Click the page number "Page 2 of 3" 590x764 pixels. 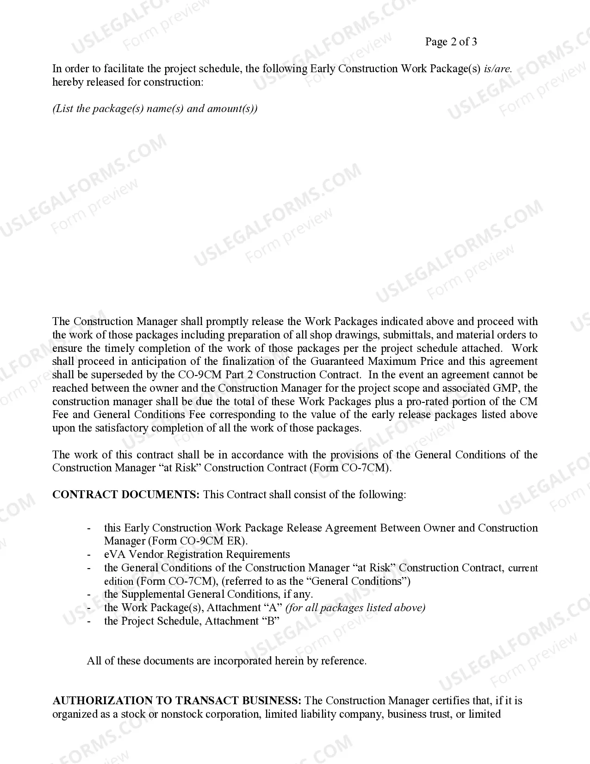(x=451, y=42)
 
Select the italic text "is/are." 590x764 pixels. (x=497, y=69)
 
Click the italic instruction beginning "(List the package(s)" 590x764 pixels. (x=155, y=109)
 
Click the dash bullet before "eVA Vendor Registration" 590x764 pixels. (x=89, y=555)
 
